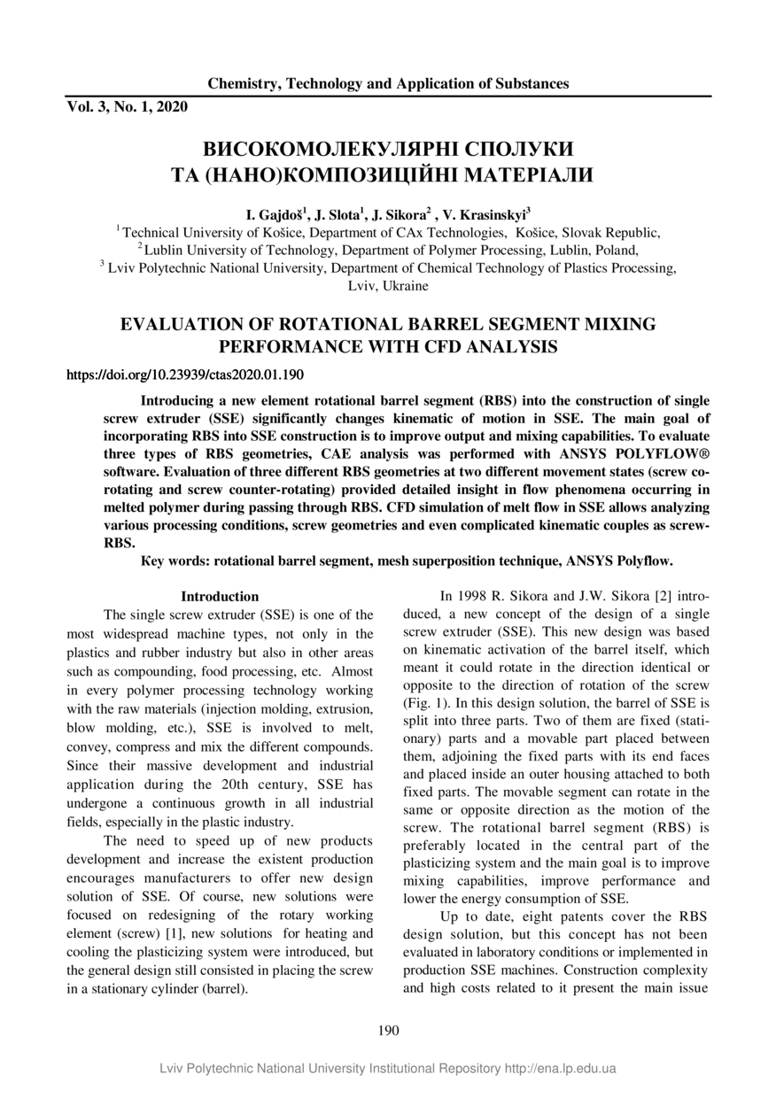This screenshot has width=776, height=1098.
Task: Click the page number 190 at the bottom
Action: pos(388,1030)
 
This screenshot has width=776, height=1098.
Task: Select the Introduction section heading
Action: pos(220,597)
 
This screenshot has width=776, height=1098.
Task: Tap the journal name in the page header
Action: pos(388,84)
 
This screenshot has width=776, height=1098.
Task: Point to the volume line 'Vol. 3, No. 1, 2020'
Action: pos(128,107)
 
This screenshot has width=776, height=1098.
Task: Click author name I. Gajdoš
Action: pos(275,214)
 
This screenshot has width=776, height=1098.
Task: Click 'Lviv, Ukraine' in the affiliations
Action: pos(388,286)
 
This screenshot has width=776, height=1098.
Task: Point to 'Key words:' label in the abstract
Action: pos(176,561)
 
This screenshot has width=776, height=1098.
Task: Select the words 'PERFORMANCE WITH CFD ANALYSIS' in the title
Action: pos(388,347)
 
